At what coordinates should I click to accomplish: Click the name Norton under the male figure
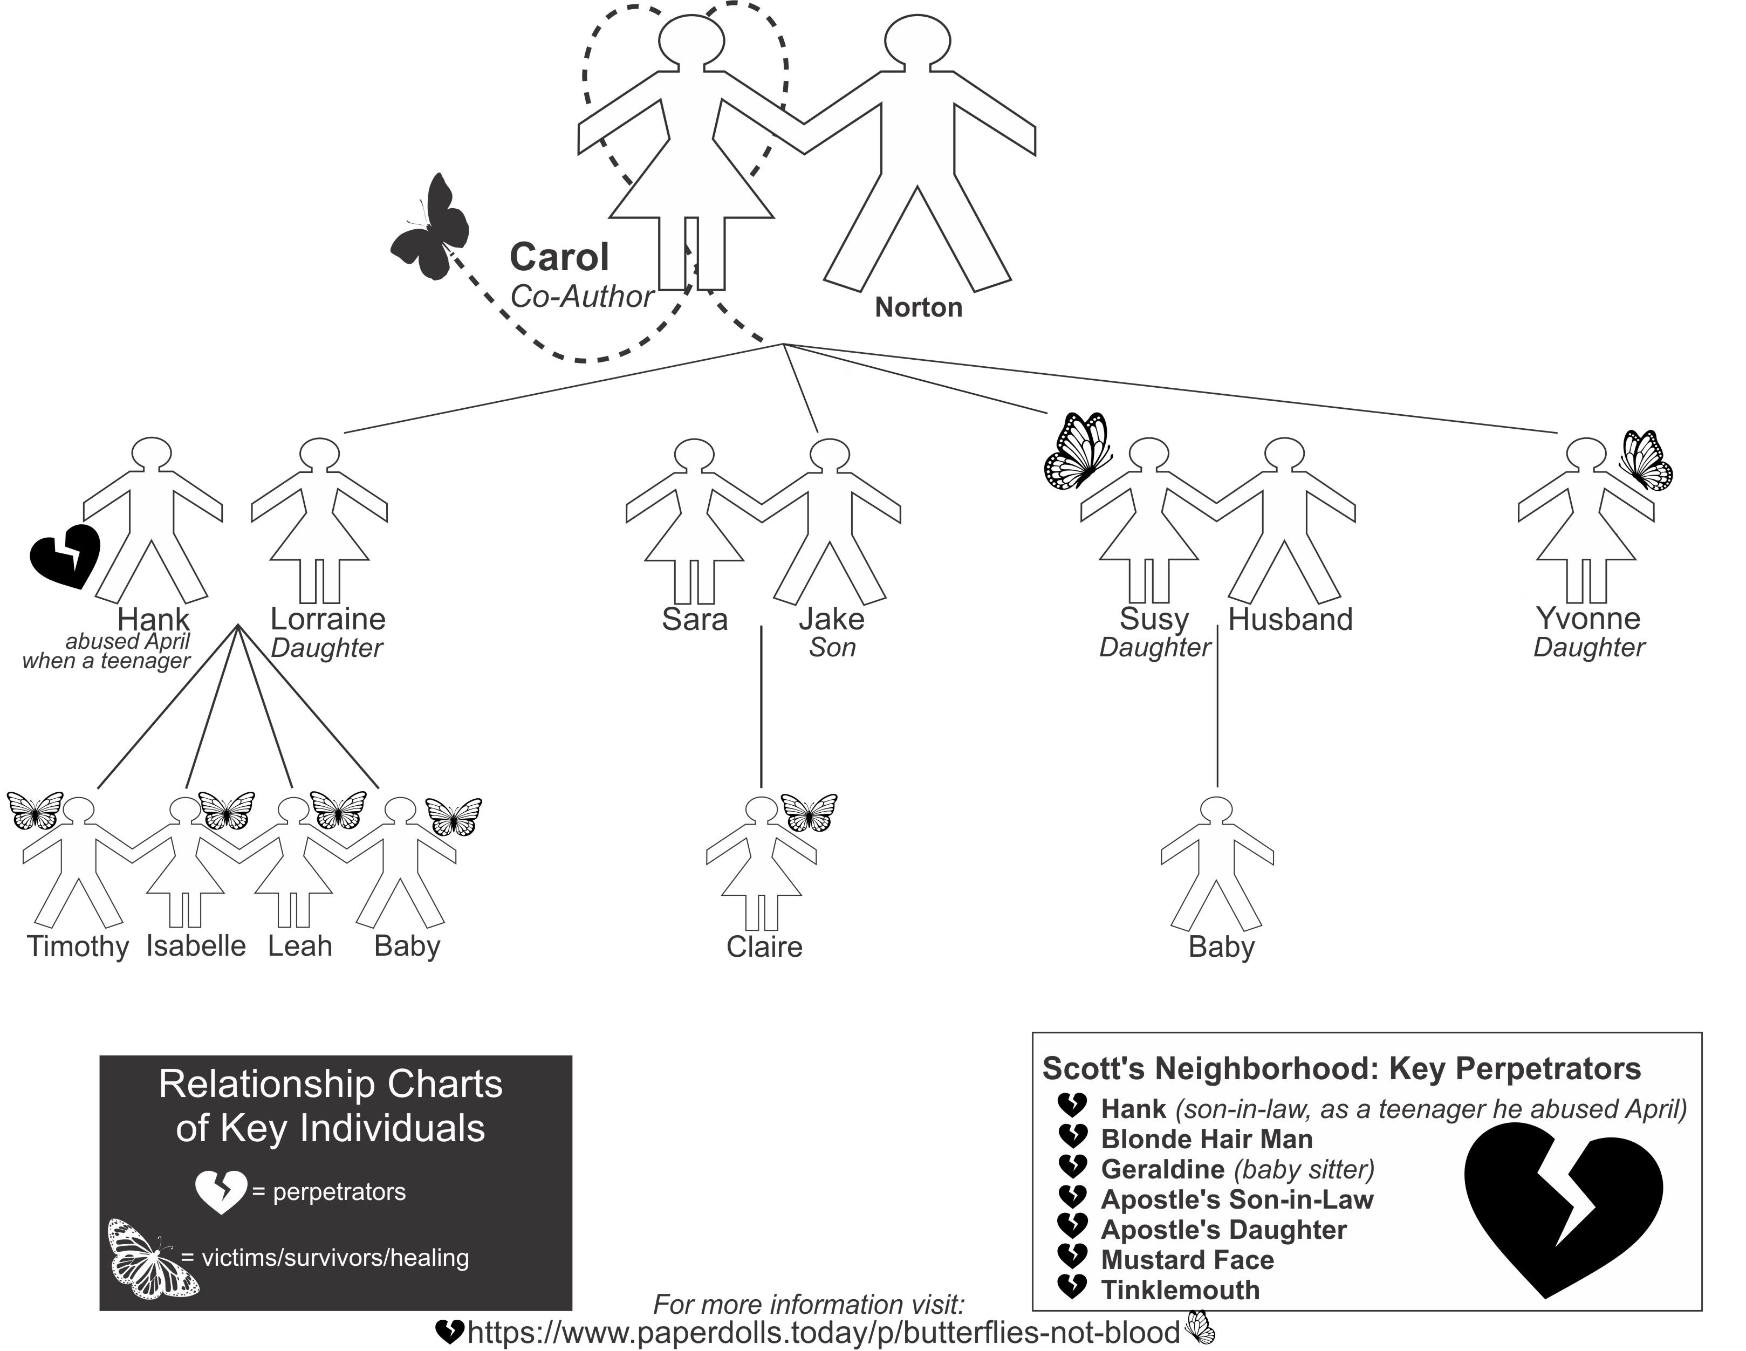coord(918,308)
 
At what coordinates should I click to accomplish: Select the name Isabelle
coord(196,946)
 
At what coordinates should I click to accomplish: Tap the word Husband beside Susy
coord(1290,620)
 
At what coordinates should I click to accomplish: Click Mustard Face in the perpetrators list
coord(1187,1260)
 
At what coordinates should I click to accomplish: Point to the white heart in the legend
coord(221,1192)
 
